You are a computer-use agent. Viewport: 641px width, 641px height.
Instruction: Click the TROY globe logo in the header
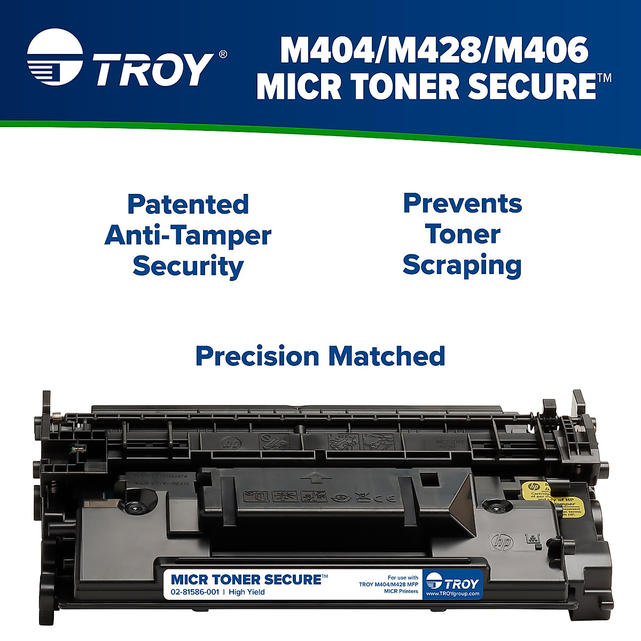coord(54,58)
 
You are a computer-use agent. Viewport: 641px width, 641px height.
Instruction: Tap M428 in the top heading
coord(434,51)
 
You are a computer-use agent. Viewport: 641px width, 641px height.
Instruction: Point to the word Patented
coord(188,205)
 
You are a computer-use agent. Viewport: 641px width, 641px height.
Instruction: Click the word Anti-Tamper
coord(188,236)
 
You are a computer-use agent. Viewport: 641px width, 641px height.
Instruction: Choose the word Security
coord(188,267)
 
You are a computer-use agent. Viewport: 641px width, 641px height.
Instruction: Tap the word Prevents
coord(463,204)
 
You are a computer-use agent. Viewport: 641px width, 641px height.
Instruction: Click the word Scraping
coord(462,265)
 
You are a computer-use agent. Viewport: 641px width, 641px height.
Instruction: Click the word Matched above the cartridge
coord(387,356)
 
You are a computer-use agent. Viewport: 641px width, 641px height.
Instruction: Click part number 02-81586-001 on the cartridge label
coord(195,592)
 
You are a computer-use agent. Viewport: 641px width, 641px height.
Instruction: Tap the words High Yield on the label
coord(247,592)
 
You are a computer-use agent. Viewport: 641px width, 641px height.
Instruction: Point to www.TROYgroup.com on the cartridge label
coord(453,594)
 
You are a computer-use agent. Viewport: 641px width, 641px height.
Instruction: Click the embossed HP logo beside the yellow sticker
coord(502,542)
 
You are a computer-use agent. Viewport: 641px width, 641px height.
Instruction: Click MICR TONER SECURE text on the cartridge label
coord(246,580)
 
